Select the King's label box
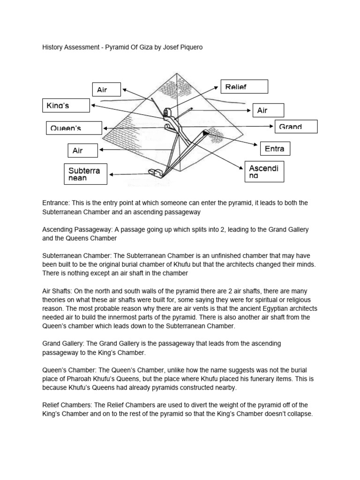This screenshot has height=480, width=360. tap(66, 105)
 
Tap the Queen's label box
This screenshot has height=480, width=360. tap(74, 127)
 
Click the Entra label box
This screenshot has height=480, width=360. tap(275, 149)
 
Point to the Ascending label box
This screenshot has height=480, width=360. tap(266, 172)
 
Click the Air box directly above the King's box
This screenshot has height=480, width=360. tap(106, 90)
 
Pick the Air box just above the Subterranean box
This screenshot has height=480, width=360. tap(82, 150)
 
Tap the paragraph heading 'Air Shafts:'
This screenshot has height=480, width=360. tap(59, 291)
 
